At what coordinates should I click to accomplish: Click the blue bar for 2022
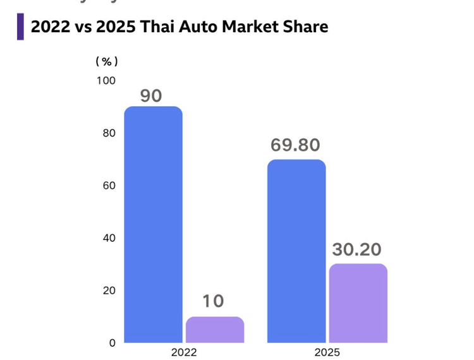(153, 224)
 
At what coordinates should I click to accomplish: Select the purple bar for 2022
(215, 330)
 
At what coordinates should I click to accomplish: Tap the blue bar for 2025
(296, 251)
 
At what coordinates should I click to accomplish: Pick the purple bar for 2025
(358, 303)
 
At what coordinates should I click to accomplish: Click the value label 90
(152, 96)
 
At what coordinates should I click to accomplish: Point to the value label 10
(214, 301)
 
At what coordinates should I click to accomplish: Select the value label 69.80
(295, 145)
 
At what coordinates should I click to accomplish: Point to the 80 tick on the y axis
(109, 133)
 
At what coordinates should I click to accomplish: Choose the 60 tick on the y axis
(109, 186)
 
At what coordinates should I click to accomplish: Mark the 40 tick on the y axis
(109, 238)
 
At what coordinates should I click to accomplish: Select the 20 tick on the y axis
(109, 291)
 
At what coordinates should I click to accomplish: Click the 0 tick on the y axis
(112, 343)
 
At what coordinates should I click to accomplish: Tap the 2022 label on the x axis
(184, 352)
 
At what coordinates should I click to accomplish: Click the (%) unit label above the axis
(107, 61)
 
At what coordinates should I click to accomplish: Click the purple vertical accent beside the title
(20, 27)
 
